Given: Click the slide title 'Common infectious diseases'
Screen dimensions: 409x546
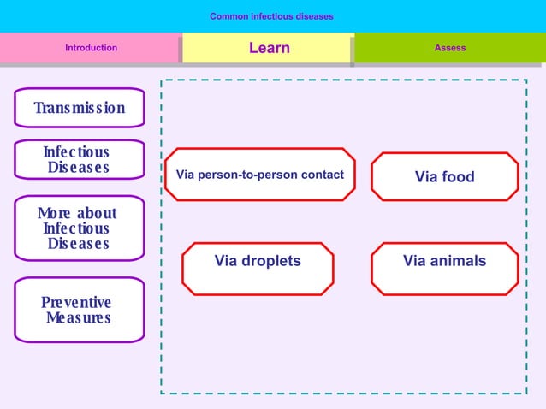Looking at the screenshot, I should tap(271, 16).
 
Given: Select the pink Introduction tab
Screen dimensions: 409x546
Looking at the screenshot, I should tap(91, 48).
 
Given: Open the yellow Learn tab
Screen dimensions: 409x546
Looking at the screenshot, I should tap(269, 48).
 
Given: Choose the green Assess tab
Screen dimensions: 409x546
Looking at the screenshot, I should tap(449, 48).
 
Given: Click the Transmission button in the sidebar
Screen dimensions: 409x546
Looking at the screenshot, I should tap(79, 108).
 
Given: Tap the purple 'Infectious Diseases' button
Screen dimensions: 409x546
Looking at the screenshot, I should tap(79, 160).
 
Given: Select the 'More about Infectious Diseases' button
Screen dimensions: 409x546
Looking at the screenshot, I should tap(79, 228).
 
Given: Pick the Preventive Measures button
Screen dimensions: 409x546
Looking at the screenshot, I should tap(79, 310).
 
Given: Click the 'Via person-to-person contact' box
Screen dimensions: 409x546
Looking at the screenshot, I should tap(259, 175).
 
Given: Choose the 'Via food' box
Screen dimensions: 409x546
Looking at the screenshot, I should tap(444, 177).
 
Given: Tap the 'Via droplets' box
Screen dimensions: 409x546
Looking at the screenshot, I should tap(258, 262).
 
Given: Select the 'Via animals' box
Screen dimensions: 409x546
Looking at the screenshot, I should tap(444, 262).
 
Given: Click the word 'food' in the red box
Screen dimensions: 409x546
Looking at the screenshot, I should tap(458, 177).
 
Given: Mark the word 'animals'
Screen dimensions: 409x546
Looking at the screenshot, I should tap(458, 261).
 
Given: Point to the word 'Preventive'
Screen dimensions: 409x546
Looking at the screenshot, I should tap(76, 303).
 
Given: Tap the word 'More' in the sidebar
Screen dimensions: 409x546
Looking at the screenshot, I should tap(55, 213).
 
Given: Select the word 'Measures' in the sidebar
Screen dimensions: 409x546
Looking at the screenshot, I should tap(79, 318).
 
